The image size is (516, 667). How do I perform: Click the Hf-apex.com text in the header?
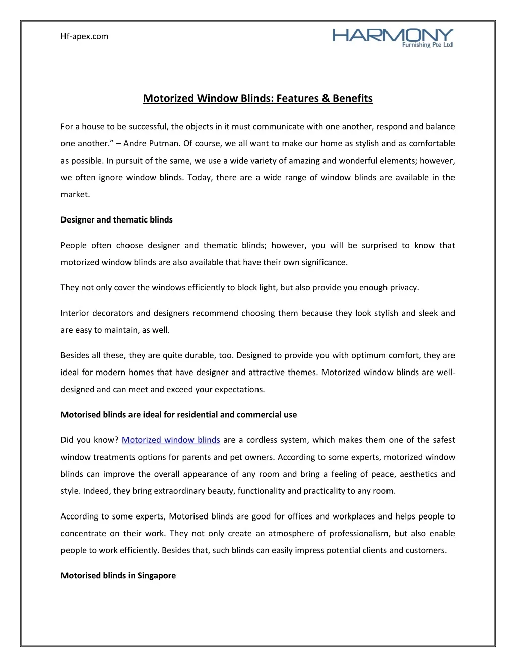84,36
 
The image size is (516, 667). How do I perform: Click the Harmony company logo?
393,38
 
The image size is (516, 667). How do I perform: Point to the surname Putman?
164,143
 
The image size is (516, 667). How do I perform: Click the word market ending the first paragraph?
75,194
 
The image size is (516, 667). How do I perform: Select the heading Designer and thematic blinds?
116,219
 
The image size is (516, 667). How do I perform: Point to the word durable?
200,355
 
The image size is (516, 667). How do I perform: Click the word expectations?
239,389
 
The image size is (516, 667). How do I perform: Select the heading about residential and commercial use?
178,415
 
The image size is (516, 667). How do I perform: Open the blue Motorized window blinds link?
171,440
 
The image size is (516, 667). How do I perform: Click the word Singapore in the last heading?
157,575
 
